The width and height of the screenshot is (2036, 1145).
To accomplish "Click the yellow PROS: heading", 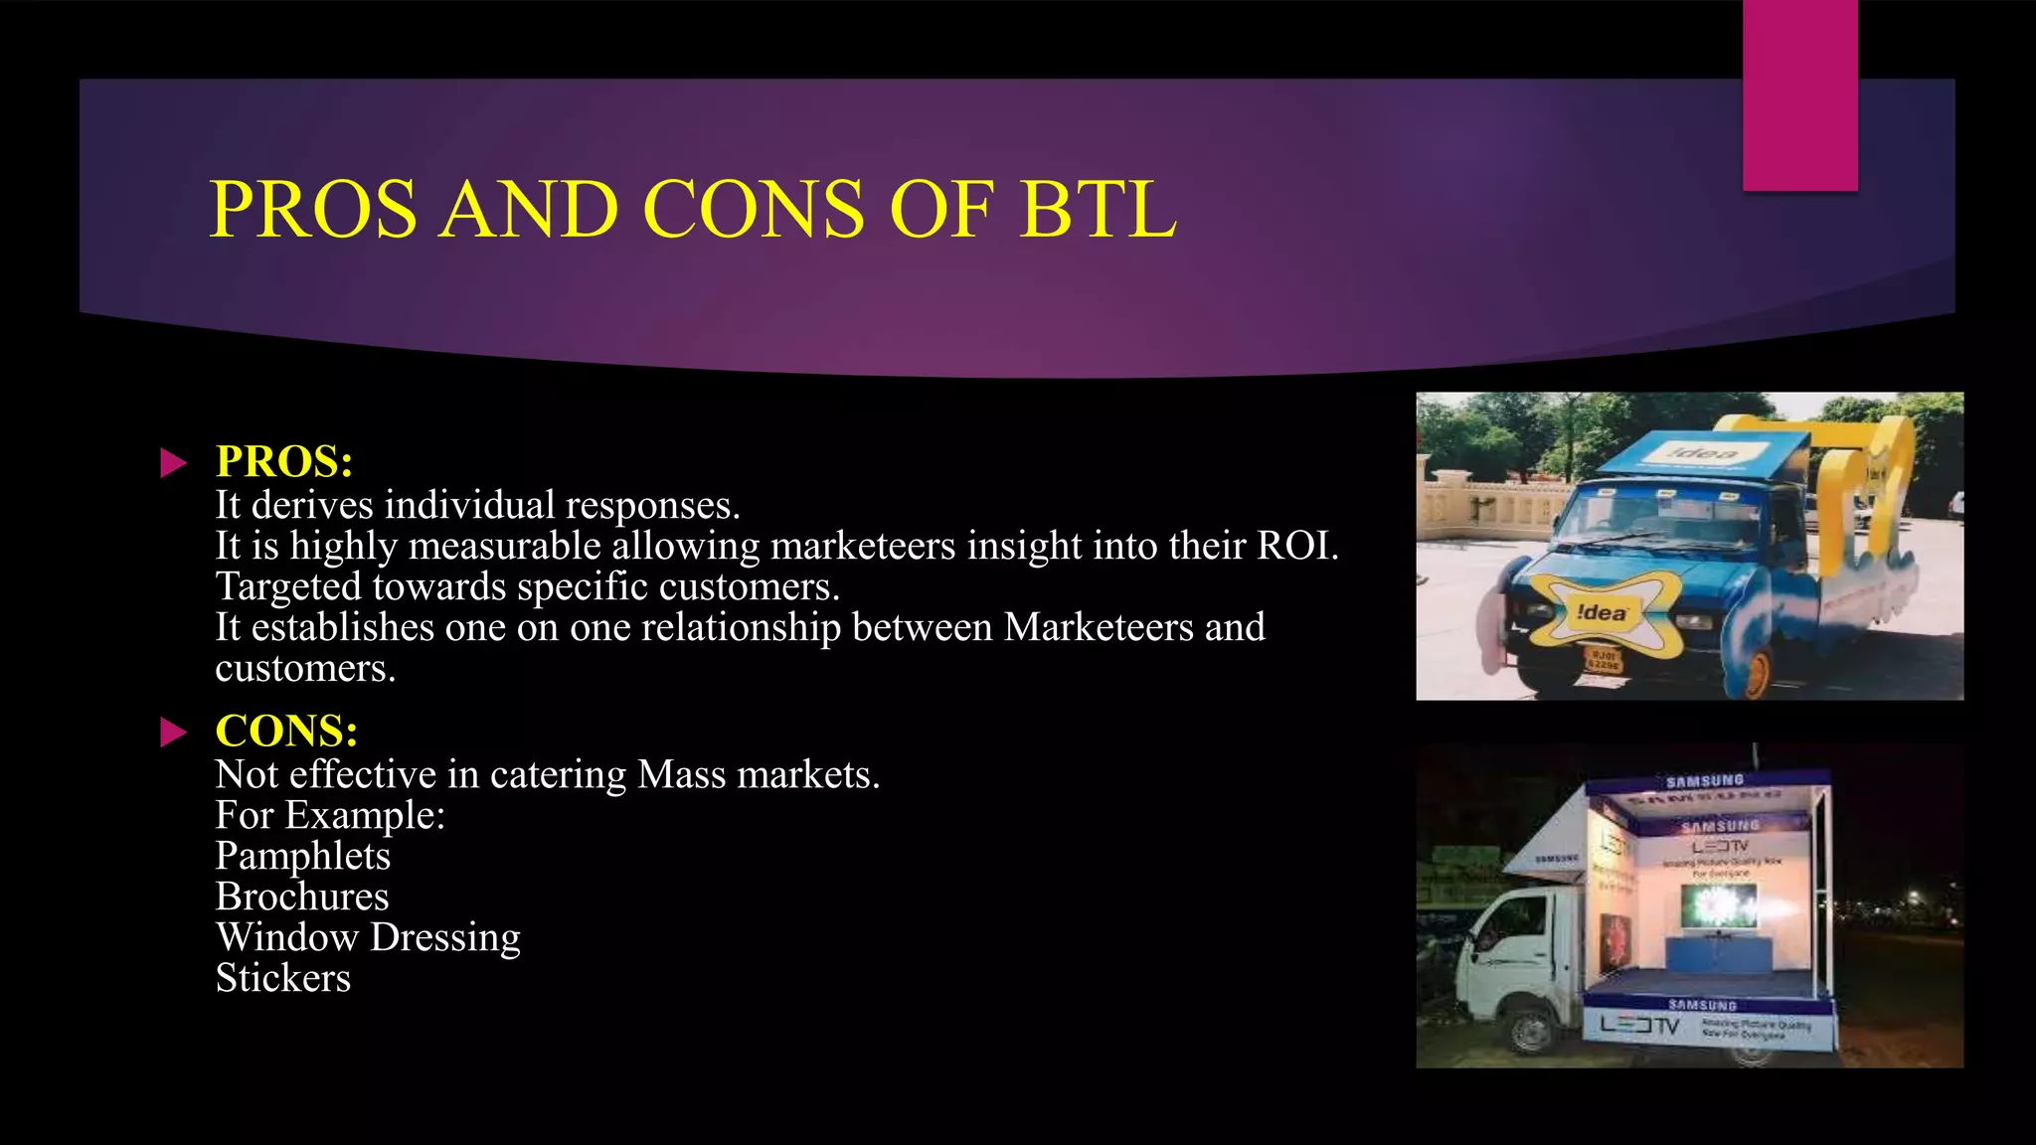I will click(x=284, y=461).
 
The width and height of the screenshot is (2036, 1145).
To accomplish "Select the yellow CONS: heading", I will click(x=286, y=731).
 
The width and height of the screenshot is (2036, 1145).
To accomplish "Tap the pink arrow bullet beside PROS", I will click(x=173, y=462).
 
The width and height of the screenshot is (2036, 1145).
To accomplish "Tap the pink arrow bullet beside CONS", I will click(x=173, y=733).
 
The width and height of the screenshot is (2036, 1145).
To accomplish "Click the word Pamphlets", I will click(x=303, y=856).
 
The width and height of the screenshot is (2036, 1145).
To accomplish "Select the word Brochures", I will click(x=302, y=897).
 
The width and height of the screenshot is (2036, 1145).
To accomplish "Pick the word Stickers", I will click(x=283, y=978).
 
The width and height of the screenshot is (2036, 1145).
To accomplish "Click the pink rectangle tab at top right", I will click(x=1799, y=95).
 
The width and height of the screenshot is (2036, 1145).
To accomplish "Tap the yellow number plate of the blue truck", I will click(x=1603, y=660).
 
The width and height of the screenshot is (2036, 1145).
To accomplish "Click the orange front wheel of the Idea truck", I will click(x=1754, y=673).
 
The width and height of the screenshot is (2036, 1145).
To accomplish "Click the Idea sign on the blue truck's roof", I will click(x=1702, y=453).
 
